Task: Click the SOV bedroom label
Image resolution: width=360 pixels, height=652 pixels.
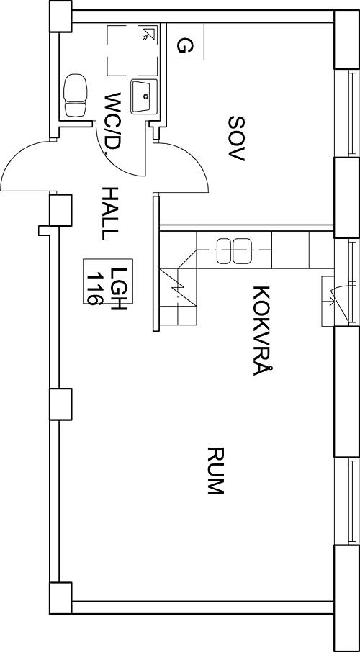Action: click(x=237, y=138)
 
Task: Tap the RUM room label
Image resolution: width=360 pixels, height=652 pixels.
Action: click(x=216, y=470)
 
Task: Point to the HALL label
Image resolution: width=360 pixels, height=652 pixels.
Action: click(x=110, y=213)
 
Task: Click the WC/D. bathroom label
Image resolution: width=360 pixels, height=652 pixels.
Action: click(x=113, y=124)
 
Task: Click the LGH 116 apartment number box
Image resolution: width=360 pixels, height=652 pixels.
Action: click(x=108, y=281)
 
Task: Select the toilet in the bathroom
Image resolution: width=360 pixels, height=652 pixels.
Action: click(x=76, y=95)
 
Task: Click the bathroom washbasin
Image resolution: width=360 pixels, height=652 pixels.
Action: click(x=144, y=96)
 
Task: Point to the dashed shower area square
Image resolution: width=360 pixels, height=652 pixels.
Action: click(x=132, y=50)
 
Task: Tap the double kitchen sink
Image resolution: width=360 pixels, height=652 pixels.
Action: click(x=234, y=250)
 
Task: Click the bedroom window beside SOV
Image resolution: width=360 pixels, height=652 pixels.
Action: click(x=353, y=113)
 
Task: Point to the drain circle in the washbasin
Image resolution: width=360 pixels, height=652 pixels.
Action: click(x=145, y=96)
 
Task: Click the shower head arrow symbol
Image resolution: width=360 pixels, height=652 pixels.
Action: click(x=147, y=33)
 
